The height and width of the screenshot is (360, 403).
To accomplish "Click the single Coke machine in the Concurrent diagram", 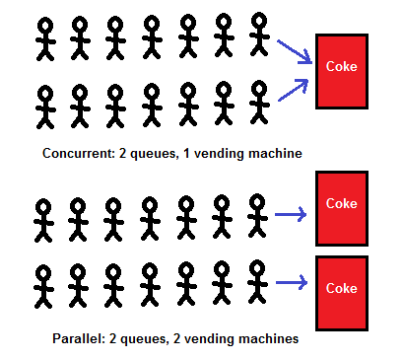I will pyautogui.click(x=341, y=71).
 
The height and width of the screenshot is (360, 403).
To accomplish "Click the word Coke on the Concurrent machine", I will pyautogui.click(x=341, y=66).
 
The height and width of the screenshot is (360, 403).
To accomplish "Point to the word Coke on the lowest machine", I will pyautogui.click(x=341, y=288).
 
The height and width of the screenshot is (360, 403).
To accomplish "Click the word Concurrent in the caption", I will pyautogui.click(x=76, y=154).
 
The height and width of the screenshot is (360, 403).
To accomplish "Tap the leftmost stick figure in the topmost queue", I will pyautogui.click(x=45, y=38).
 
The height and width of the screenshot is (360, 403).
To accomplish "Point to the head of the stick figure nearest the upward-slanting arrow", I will pyautogui.click(x=259, y=89).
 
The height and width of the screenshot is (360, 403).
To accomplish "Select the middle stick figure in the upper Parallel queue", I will pyautogui.click(x=150, y=219).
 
